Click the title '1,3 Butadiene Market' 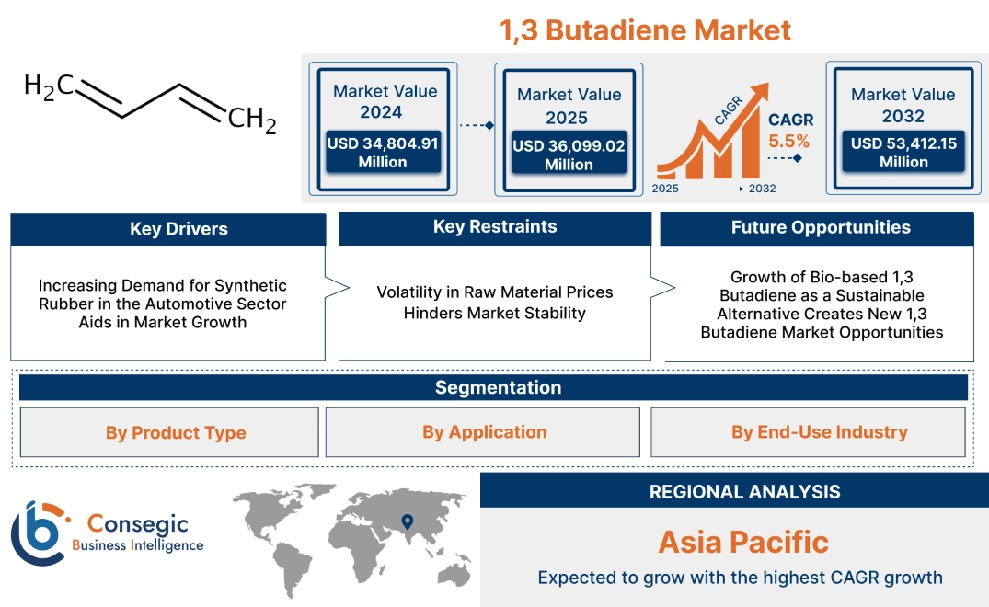[645, 30]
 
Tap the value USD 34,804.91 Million [383, 152]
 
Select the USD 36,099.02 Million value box [569, 155]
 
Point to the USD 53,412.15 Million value [903, 152]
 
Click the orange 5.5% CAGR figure [789, 141]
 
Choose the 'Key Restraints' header [495, 227]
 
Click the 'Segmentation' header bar [498, 387]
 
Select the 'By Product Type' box [176, 432]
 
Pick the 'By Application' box [484, 431]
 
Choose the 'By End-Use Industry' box [819, 431]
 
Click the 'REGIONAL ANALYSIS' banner [744, 491]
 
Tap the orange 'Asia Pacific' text [743, 542]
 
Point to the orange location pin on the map [406, 523]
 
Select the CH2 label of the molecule [251, 120]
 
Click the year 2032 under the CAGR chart [763, 189]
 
